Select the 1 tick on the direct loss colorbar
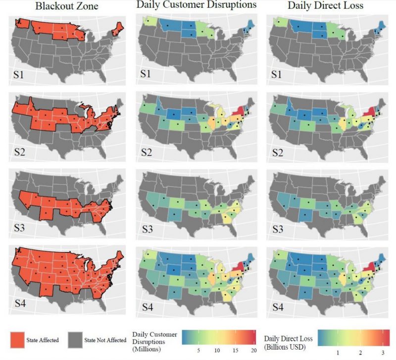pos(338,352)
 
